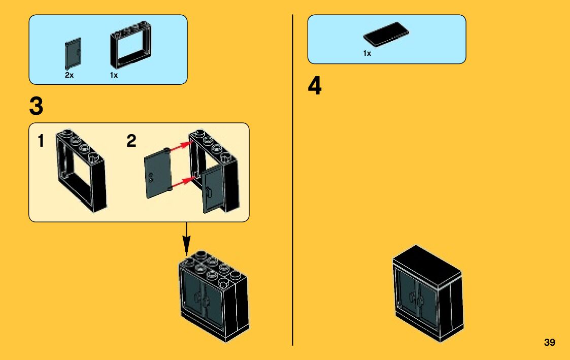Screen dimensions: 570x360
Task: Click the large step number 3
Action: [36, 107]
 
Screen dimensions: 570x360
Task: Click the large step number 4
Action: [315, 87]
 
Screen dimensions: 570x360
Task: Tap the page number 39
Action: [549, 343]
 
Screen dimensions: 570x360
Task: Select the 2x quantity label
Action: [70, 75]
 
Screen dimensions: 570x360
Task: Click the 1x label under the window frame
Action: [114, 75]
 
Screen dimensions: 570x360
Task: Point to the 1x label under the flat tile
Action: [367, 53]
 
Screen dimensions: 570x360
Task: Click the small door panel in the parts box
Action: [73, 54]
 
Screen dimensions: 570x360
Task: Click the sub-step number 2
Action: [131, 141]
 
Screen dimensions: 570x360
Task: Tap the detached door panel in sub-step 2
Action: [157, 172]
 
